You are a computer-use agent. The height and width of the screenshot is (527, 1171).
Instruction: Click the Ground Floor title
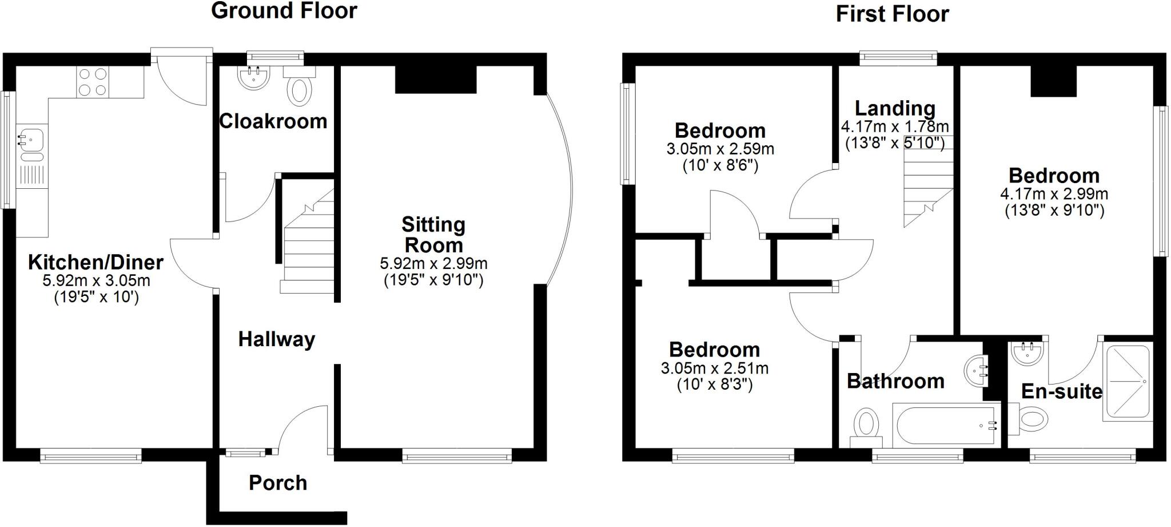(x=284, y=11)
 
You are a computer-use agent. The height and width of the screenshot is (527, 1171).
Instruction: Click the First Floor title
(x=892, y=14)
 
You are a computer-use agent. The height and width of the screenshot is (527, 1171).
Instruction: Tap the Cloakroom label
(x=273, y=121)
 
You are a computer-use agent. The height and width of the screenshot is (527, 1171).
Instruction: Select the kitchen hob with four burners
(x=93, y=82)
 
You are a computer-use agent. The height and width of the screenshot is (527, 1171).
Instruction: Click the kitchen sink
(x=29, y=139)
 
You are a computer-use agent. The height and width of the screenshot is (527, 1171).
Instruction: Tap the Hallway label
(x=277, y=339)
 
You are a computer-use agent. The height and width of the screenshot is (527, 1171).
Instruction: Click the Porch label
(x=278, y=483)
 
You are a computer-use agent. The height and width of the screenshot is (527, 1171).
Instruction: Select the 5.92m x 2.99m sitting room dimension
(x=433, y=264)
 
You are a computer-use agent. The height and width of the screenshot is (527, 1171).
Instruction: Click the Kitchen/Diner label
(x=95, y=263)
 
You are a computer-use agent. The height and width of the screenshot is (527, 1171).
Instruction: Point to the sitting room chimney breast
(x=436, y=80)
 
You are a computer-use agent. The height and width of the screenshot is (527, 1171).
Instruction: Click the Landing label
(x=895, y=108)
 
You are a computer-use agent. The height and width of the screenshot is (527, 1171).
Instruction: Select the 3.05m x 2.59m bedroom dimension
(x=720, y=150)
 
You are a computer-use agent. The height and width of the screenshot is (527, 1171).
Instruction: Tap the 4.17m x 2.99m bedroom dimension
(x=1054, y=194)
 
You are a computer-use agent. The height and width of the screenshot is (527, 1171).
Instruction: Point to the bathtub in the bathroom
(x=946, y=425)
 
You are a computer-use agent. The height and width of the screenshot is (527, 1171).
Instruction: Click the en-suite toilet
(x=1032, y=417)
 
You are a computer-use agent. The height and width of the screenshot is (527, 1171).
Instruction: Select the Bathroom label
(x=895, y=381)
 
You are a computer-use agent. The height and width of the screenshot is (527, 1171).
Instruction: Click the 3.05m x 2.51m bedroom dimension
(x=714, y=368)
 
